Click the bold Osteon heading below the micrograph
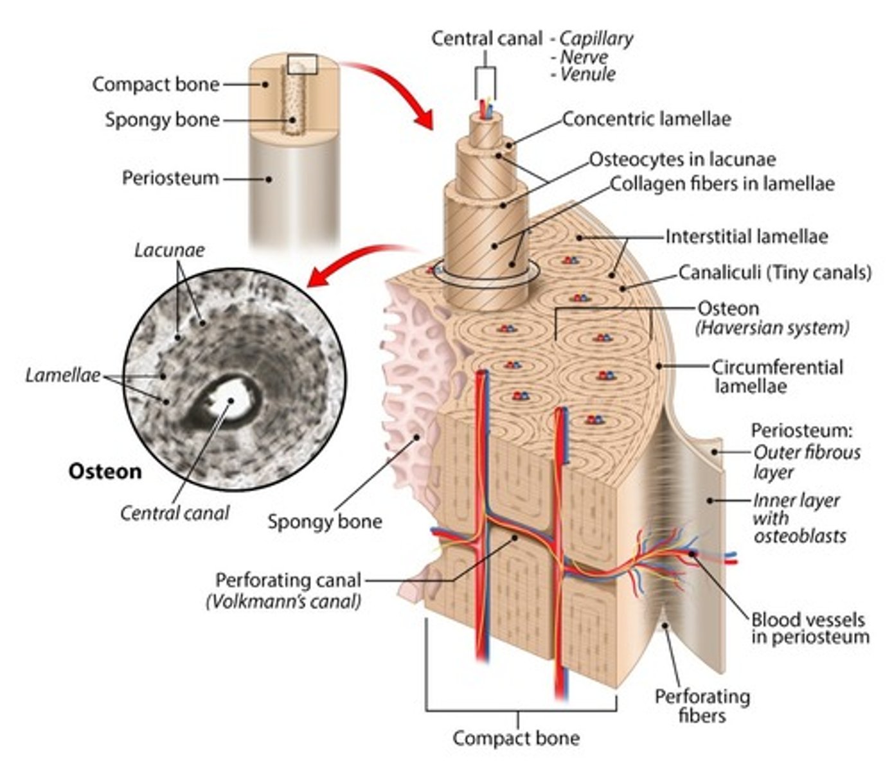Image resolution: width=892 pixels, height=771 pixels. tap(105, 472)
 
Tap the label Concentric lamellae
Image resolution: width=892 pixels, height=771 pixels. tap(647, 119)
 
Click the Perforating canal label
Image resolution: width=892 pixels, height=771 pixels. tap(288, 580)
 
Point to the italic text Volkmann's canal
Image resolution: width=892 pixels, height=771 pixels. tap(283, 602)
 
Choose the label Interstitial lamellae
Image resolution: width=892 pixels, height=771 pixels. tap(746, 236)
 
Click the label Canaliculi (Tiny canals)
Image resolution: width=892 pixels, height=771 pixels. tap(775, 272)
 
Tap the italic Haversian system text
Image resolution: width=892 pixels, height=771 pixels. tap(772, 328)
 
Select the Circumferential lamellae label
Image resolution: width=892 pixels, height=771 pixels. tap(776, 377)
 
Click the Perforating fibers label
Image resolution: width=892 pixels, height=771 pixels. tap(702, 705)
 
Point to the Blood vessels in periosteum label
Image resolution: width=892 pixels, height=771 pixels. tap(810, 628)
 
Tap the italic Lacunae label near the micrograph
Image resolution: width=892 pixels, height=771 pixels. tap(169, 250)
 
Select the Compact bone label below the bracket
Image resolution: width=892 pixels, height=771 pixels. tap(515, 738)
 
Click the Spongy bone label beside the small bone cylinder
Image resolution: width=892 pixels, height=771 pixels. tap(162, 120)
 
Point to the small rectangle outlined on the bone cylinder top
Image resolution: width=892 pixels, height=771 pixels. tap(302, 64)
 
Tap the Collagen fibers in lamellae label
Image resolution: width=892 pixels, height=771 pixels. tap(722, 184)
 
